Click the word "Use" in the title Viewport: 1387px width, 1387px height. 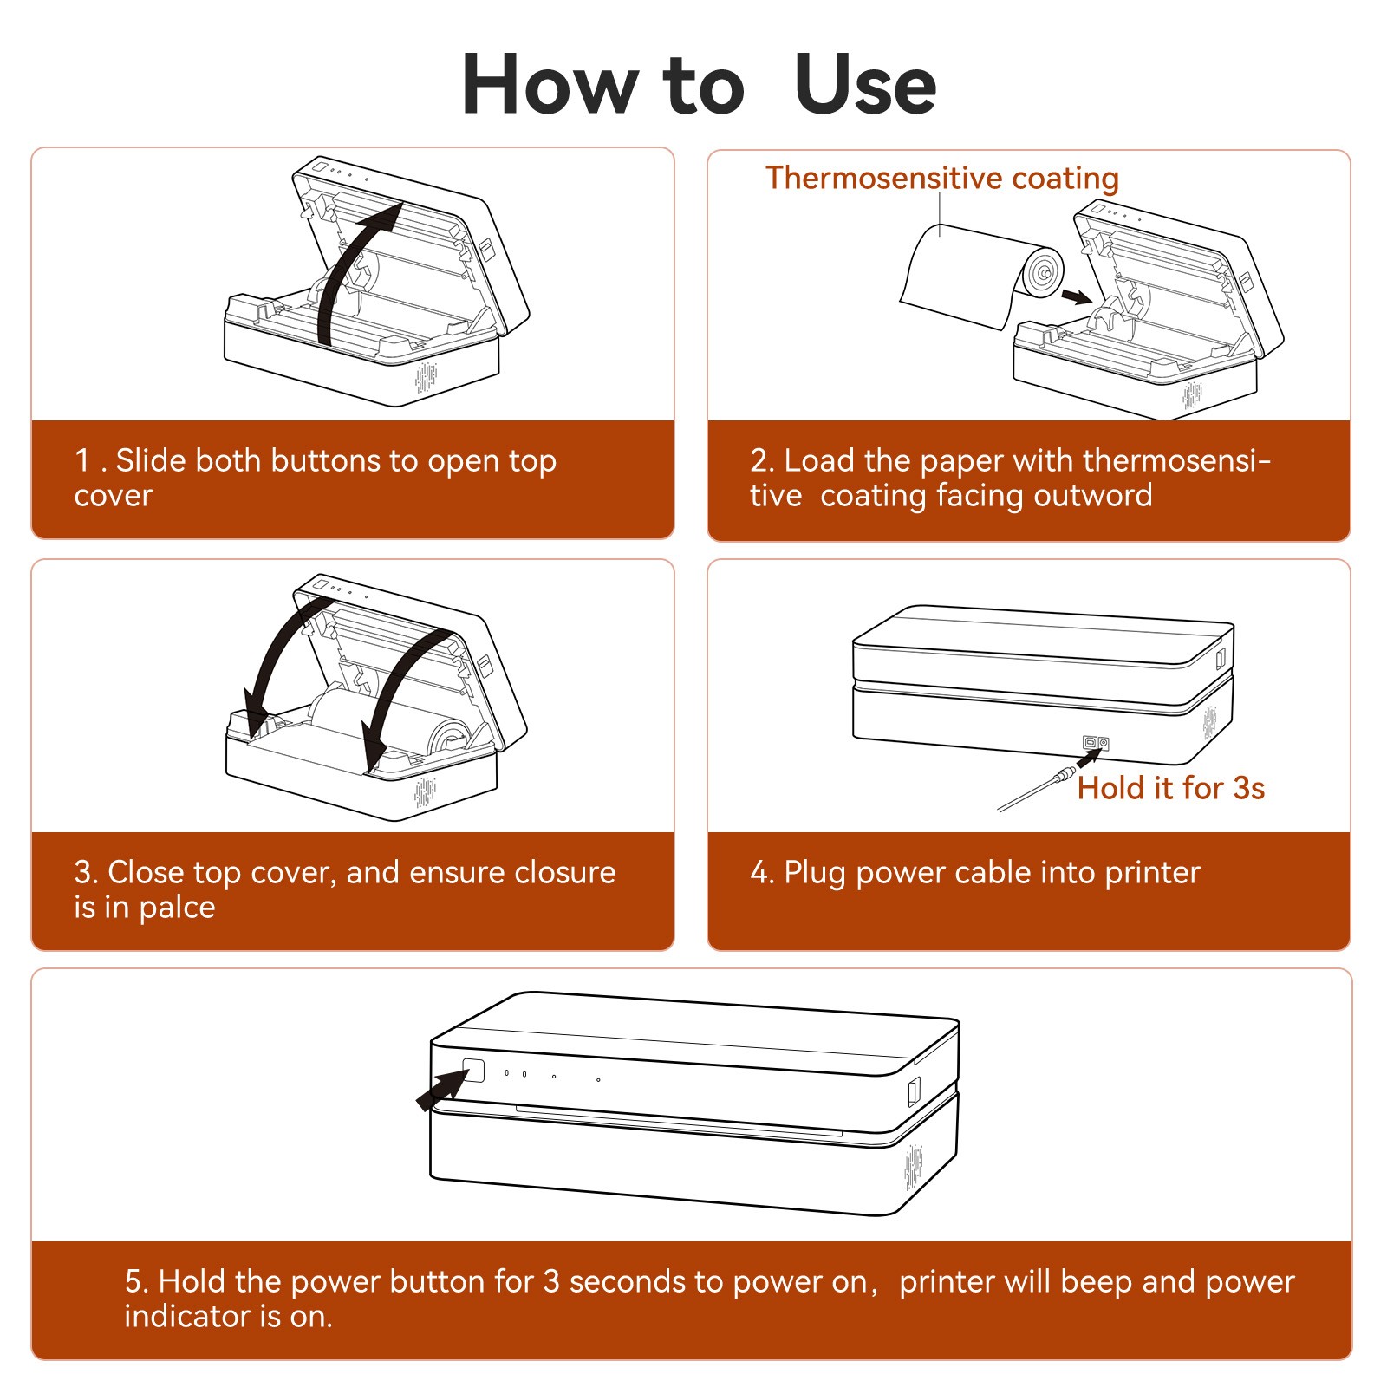[864, 84]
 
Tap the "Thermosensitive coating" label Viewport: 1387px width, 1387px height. [942, 178]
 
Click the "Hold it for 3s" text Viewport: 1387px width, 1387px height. [1170, 788]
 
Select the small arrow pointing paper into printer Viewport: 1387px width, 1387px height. [1077, 297]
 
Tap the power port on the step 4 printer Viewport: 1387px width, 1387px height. [1096, 743]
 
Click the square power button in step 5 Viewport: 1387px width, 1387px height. [473, 1070]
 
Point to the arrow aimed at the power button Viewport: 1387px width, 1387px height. [442, 1089]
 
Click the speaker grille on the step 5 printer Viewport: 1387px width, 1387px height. [914, 1167]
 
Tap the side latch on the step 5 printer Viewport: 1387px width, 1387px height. [913, 1091]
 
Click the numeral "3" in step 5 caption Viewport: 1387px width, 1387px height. [551, 1281]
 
